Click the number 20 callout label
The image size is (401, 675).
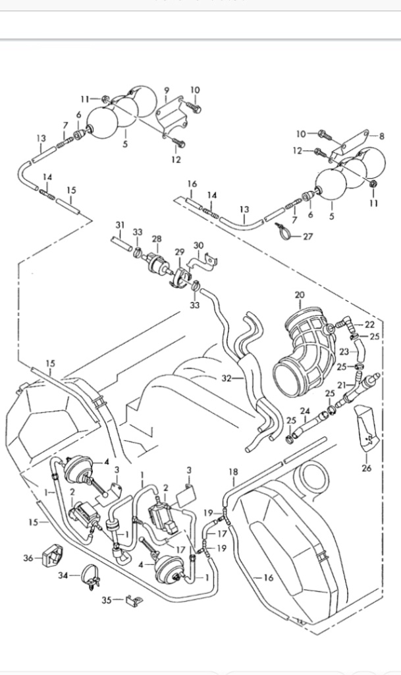point(300,295)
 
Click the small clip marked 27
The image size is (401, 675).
point(282,230)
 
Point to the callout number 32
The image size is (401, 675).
point(227,379)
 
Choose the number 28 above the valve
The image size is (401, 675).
point(157,238)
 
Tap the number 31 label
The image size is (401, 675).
point(120,225)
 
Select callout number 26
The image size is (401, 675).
point(366,469)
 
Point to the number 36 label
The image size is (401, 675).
point(28,558)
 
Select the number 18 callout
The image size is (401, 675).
point(232,472)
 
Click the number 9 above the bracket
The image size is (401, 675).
point(167,90)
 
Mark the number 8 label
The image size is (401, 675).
point(381,136)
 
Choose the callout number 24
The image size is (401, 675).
point(305,411)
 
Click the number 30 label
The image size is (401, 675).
point(198,245)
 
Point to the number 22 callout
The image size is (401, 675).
point(369,324)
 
